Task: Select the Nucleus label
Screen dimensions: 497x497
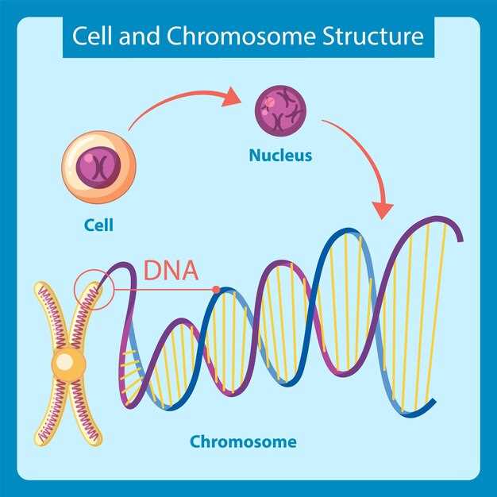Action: pyautogui.click(x=279, y=156)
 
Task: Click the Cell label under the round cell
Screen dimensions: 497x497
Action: pyautogui.click(x=98, y=225)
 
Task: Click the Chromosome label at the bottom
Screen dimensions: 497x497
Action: pyautogui.click(x=243, y=441)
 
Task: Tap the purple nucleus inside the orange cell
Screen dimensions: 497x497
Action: pyautogui.click(x=99, y=165)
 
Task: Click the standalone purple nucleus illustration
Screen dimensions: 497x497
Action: pyautogui.click(x=279, y=110)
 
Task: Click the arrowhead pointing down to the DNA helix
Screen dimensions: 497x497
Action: pyautogui.click(x=383, y=210)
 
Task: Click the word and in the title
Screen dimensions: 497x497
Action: pyautogui.click(x=131, y=37)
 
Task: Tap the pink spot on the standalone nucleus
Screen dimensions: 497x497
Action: pyautogui.click(x=271, y=102)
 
